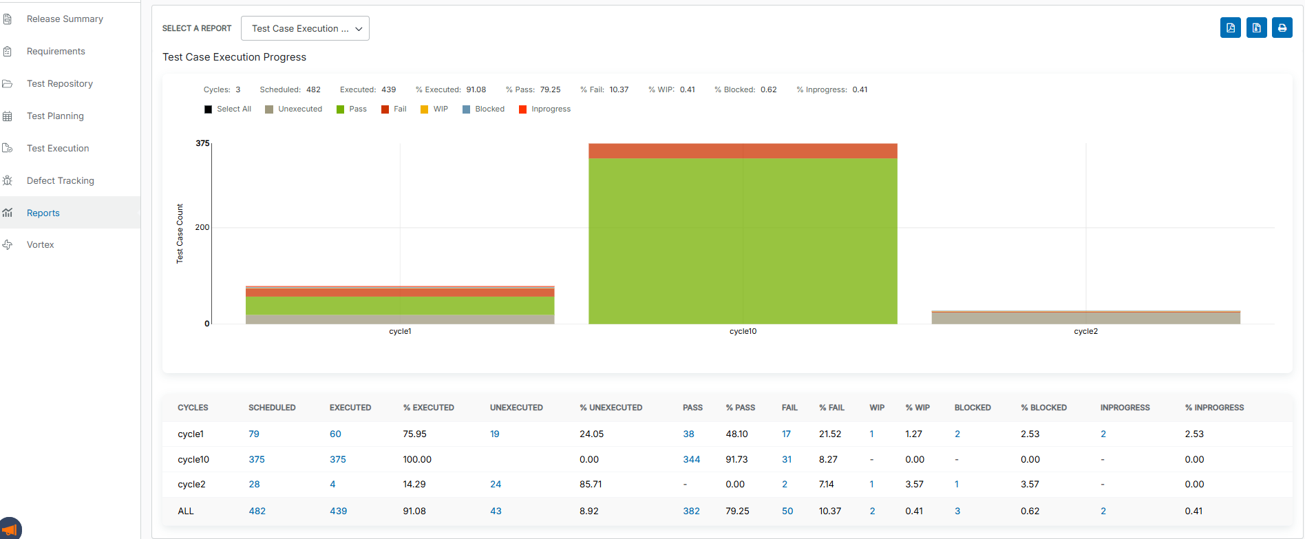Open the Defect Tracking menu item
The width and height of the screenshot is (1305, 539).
click(60, 180)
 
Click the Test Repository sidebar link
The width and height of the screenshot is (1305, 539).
click(59, 83)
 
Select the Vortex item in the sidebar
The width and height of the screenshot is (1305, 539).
click(40, 244)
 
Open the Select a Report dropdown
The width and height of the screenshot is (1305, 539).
click(305, 28)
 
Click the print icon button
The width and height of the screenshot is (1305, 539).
click(1282, 28)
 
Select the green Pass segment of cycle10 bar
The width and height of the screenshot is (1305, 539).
click(743, 241)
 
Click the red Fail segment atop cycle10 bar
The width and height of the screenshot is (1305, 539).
click(743, 151)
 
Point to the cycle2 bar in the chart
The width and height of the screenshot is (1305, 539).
click(1085, 317)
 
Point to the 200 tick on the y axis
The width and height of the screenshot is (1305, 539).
click(202, 227)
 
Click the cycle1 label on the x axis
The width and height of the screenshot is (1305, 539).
click(400, 331)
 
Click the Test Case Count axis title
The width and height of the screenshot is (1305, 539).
click(180, 233)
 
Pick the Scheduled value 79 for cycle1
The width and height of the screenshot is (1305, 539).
click(254, 434)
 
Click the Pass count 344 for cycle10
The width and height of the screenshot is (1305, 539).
click(691, 459)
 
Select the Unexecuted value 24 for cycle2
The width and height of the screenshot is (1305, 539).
click(496, 484)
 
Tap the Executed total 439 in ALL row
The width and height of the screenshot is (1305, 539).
click(338, 511)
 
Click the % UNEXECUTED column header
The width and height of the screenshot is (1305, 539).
click(611, 408)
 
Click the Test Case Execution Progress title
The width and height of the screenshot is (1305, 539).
click(234, 57)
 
